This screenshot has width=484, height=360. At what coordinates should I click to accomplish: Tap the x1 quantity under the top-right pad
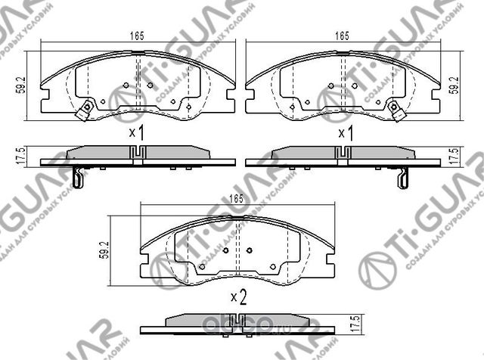346,133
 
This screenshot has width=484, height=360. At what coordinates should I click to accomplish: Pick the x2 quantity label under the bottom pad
238,297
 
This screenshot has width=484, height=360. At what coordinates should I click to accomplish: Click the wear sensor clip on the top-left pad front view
86,109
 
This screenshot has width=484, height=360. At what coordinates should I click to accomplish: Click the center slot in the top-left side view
137,153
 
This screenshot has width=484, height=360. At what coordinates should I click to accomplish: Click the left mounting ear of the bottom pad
146,262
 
